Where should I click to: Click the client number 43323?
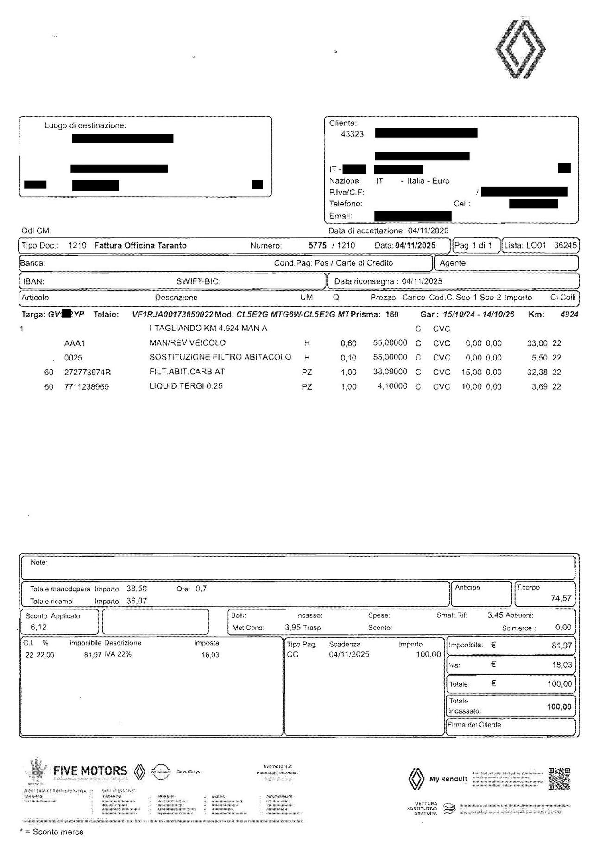352,134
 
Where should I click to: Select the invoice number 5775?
317,246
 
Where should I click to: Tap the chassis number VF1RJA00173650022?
172,315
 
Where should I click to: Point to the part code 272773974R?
88,373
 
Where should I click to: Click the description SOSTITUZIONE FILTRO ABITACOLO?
220,357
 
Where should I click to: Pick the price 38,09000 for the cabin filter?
390,372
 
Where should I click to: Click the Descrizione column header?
176,298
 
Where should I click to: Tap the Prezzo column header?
383,298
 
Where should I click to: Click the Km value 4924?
569,315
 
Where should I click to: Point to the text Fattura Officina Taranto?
140,246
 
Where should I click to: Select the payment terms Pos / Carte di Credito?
353,263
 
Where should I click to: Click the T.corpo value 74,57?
561,598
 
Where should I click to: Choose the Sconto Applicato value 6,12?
38,627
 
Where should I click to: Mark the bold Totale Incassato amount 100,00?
559,707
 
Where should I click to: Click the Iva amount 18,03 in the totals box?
561,665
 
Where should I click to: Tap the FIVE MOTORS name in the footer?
90,771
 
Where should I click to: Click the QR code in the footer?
559,779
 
